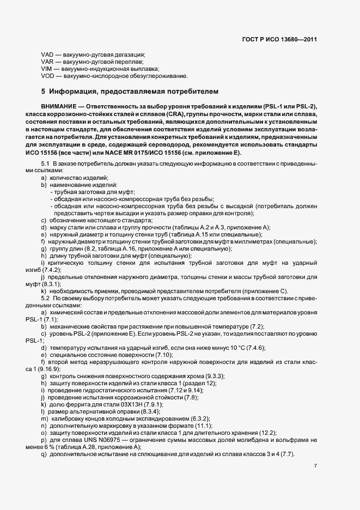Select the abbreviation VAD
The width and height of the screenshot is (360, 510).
tap(47, 55)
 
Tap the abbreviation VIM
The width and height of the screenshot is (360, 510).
tap(47, 69)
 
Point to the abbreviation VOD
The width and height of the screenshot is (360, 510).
tap(47, 76)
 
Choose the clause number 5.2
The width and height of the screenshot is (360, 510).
tap(46, 298)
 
